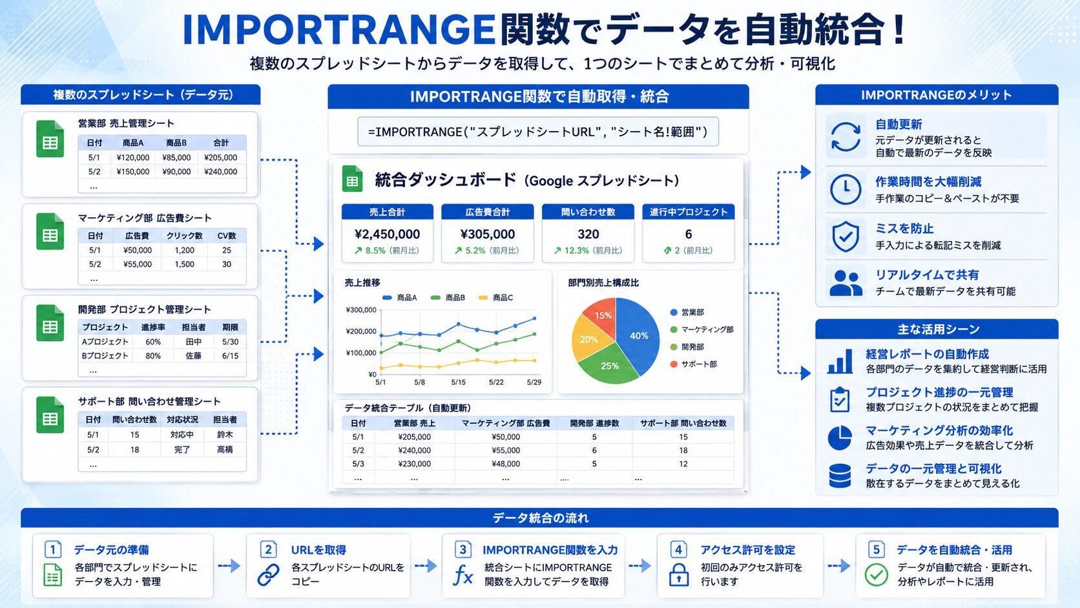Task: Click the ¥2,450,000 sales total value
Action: pos(387,235)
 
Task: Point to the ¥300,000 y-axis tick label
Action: pos(360,310)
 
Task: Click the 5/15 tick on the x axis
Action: pos(458,383)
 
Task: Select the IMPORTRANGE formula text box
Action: pos(537,132)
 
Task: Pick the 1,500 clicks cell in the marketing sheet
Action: pos(184,264)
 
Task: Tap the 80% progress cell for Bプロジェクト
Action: pos(153,356)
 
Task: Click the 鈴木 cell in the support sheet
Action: pos(225,434)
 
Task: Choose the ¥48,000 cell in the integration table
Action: pos(506,464)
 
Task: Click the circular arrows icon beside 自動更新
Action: pos(845,137)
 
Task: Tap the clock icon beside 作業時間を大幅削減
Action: pos(845,189)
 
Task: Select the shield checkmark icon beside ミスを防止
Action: pos(845,236)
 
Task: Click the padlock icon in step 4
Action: pos(678,575)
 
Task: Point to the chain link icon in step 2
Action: pos(268,575)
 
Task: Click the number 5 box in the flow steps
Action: pos(876,549)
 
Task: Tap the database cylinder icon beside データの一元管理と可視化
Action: pos(840,476)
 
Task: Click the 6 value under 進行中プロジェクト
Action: pos(689,235)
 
